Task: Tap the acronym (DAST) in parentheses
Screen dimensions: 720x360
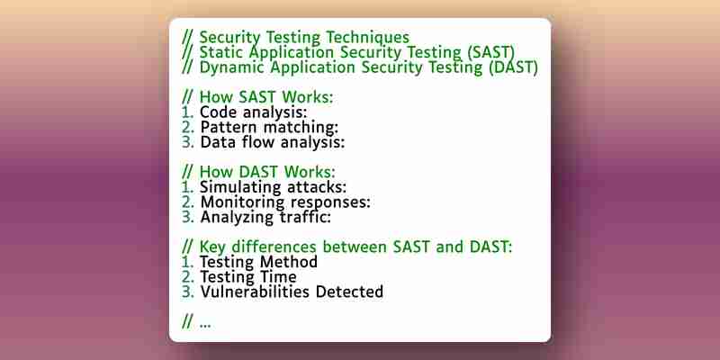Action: tap(512, 67)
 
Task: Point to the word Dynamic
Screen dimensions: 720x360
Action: tap(232, 68)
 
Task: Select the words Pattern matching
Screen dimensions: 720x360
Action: tap(269, 127)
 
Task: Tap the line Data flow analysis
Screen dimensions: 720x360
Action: tap(273, 142)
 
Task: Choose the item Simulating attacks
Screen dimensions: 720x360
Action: tap(273, 187)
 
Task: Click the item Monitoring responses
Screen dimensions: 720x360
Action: tap(285, 202)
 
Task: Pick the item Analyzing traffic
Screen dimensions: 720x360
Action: tap(265, 217)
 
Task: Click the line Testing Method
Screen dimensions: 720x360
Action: tap(258, 262)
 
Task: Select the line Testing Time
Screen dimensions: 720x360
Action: tap(248, 277)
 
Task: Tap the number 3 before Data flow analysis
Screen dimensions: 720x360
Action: tap(187, 142)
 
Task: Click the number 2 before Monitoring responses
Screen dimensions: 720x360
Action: tap(187, 202)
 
